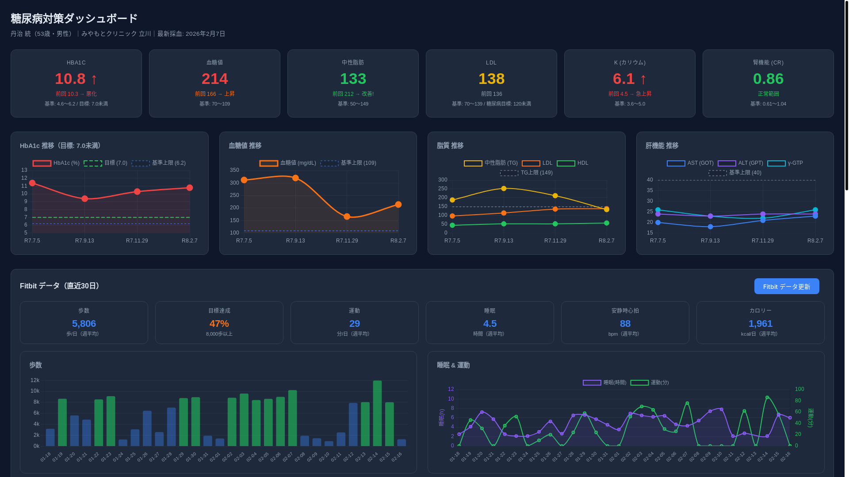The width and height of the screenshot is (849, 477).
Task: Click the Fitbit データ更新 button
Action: tap(786, 286)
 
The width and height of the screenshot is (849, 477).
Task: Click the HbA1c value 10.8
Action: tap(70, 79)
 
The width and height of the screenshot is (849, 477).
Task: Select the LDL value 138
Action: tap(491, 79)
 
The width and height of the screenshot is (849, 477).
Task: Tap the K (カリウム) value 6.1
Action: tap(623, 79)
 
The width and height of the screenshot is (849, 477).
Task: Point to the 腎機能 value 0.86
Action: tap(768, 79)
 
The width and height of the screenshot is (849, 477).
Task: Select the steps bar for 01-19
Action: tap(62, 422)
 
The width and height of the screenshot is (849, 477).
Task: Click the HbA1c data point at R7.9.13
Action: tap(85, 199)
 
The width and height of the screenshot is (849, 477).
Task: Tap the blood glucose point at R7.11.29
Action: tap(347, 216)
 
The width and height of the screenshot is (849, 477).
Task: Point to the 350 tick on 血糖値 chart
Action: tap(234, 170)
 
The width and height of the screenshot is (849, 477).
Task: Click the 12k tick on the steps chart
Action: tap(35, 380)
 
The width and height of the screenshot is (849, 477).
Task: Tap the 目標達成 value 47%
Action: tap(219, 324)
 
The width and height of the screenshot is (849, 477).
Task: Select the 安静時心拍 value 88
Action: tap(625, 324)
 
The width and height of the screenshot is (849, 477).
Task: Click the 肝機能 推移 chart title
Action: tap(662, 146)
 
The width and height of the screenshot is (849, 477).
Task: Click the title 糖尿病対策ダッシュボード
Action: tap(74, 19)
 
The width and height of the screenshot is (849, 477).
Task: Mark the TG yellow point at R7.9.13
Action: tap(504, 189)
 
